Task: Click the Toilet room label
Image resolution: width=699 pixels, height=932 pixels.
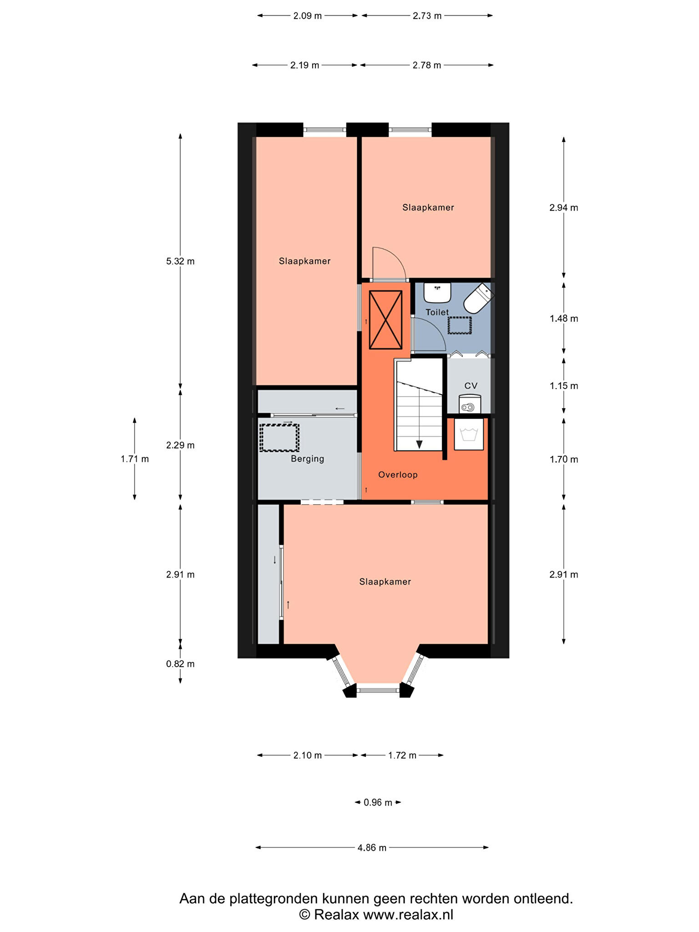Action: (437, 312)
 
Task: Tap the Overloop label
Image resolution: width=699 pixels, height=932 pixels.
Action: (398, 475)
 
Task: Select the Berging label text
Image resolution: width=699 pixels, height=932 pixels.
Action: (308, 459)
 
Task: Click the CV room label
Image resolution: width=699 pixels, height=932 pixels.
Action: (471, 386)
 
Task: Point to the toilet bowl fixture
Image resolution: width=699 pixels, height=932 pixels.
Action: (479, 298)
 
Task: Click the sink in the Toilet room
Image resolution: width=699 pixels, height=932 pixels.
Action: (437, 293)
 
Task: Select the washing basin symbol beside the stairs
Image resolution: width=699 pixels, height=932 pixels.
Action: (469, 434)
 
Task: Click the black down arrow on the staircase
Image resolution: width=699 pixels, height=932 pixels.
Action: (419, 444)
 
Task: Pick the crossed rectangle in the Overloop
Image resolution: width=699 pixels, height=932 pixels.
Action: (385, 320)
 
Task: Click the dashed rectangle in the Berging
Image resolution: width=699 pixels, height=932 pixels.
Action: (279, 438)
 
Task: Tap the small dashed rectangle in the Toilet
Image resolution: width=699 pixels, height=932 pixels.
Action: (459, 325)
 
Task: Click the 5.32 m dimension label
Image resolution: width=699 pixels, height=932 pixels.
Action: (180, 261)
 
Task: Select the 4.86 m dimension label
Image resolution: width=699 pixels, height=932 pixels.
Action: (372, 847)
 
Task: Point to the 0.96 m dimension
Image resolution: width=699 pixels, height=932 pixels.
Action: (378, 802)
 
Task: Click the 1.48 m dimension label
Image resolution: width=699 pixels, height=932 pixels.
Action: (564, 319)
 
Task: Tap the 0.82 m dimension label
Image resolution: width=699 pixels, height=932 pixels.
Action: (180, 664)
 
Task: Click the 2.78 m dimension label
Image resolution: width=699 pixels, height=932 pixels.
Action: (427, 65)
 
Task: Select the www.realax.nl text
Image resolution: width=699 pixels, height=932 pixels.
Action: (408, 915)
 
